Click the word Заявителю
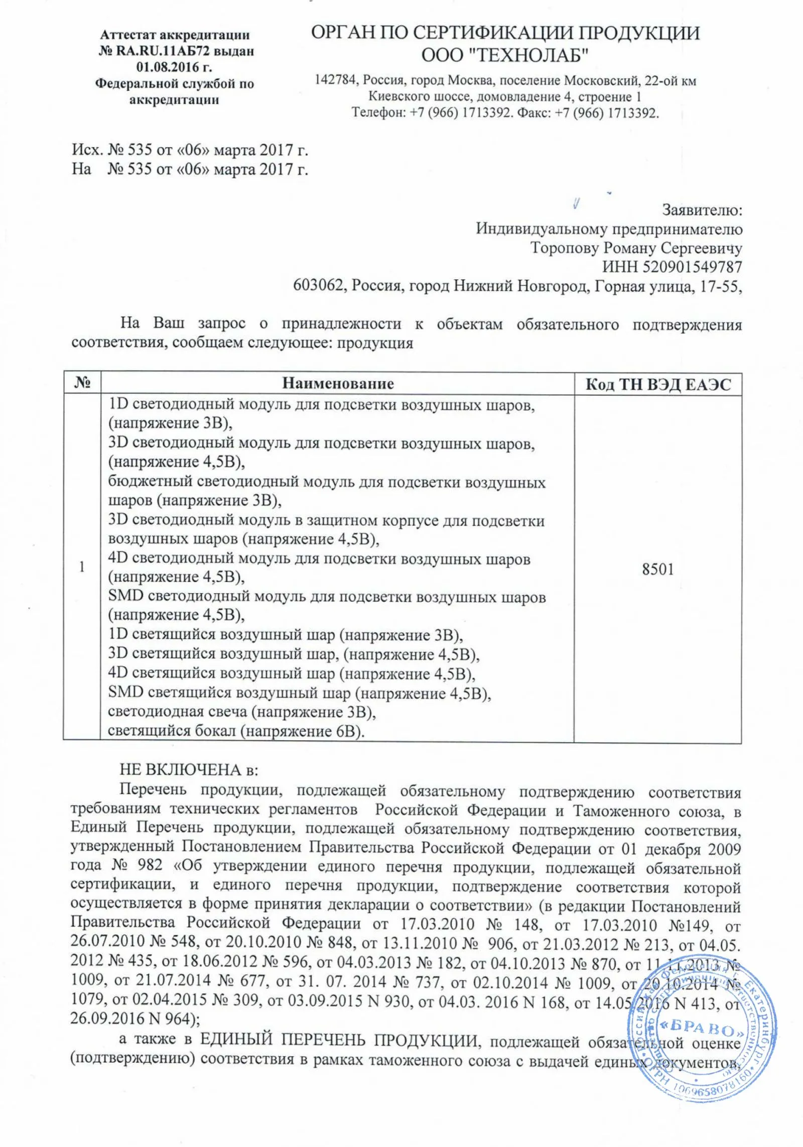[x=702, y=210]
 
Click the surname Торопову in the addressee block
[x=565, y=248]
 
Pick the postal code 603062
[x=320, y=286]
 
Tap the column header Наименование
[x=338, y=384]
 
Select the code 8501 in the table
[x=658, y=569]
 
